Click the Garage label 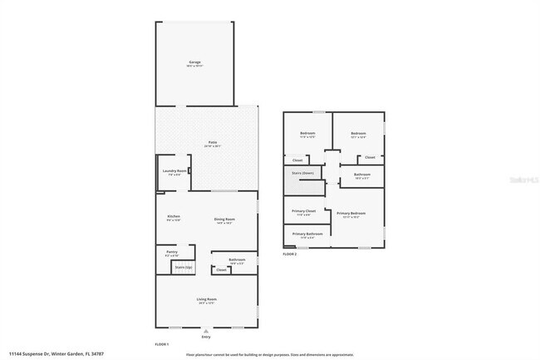click(x=194, y=62)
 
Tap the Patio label click(x=212, y=143)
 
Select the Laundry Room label click(x=174, y=171)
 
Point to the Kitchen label click(x=174, y=218)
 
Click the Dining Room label click(x=224, y=220)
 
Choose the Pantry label click(x=172, y=252)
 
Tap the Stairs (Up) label click(x=184, y=267)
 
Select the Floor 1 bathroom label click(x=237, y=260)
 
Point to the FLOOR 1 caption click(x=162, y=343)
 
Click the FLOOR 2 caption click(x=289, y=254)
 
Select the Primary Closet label click(x=304, y=212)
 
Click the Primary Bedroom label click(x=351, y=214)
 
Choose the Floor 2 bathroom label click(x=362, y=175)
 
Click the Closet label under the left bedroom click(x=297, y=160)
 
